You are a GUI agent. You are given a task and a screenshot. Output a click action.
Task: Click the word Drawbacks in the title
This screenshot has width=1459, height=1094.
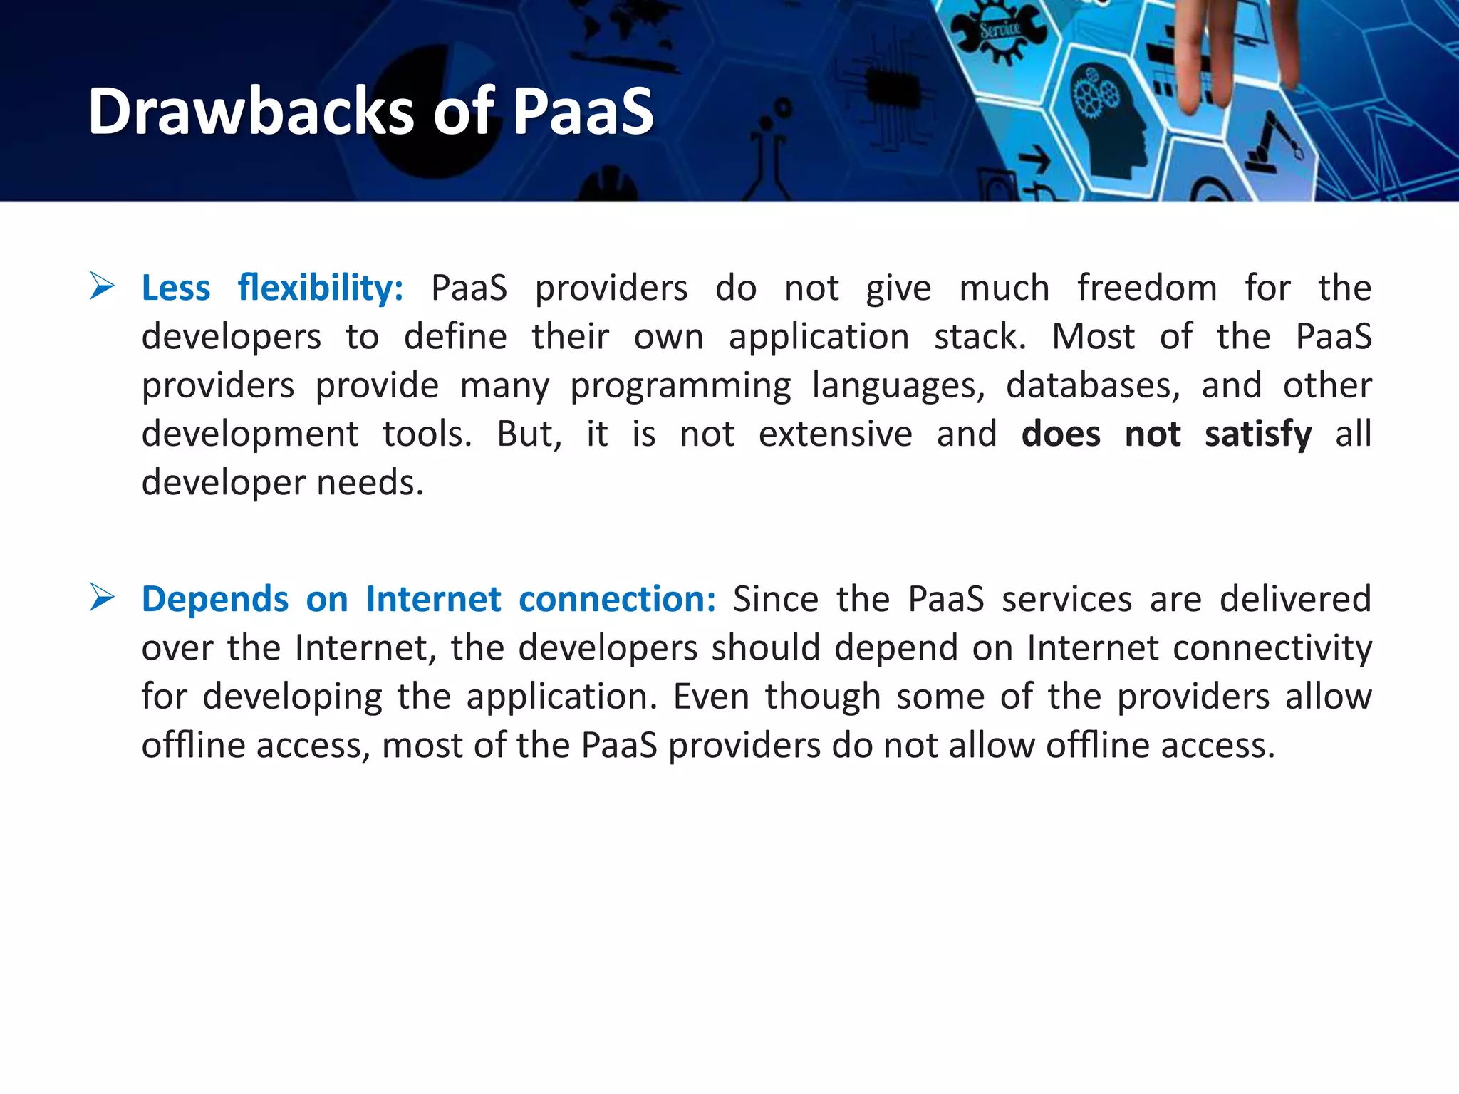(x=250, y=111)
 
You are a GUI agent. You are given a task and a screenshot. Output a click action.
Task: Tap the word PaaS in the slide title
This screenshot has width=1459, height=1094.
(x=583, y=111)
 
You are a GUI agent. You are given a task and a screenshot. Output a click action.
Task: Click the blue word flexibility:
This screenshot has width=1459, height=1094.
(x=321, y=288)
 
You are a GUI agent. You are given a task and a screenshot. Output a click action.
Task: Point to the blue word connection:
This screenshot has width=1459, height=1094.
(x=617, y=599)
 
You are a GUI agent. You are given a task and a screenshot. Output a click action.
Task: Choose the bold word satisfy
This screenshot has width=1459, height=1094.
(x=1257, y=434)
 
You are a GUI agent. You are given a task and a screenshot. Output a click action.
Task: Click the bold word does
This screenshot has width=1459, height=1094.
(x=1061, y=434)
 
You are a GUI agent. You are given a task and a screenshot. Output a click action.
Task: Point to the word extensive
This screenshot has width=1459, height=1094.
(x=835, y=434)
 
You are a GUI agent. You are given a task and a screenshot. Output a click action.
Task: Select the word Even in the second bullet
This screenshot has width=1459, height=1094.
(x=710, y=697)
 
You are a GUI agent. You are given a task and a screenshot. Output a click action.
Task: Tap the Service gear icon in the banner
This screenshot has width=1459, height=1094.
(x=1000, y=31)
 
